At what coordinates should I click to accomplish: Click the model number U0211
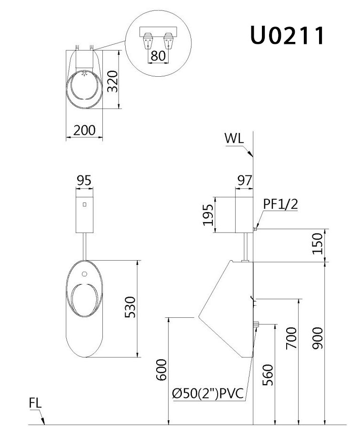[287, 35]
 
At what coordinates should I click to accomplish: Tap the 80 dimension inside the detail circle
[158, 56]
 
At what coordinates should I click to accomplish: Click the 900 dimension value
[318, 338]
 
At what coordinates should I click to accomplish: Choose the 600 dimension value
[162, 370]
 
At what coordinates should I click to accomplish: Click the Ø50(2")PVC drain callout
[208, 394]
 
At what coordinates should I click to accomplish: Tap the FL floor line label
[36, 403]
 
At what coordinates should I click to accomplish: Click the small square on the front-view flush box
[84, 205]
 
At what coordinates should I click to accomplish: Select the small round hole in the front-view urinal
[84, 274]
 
